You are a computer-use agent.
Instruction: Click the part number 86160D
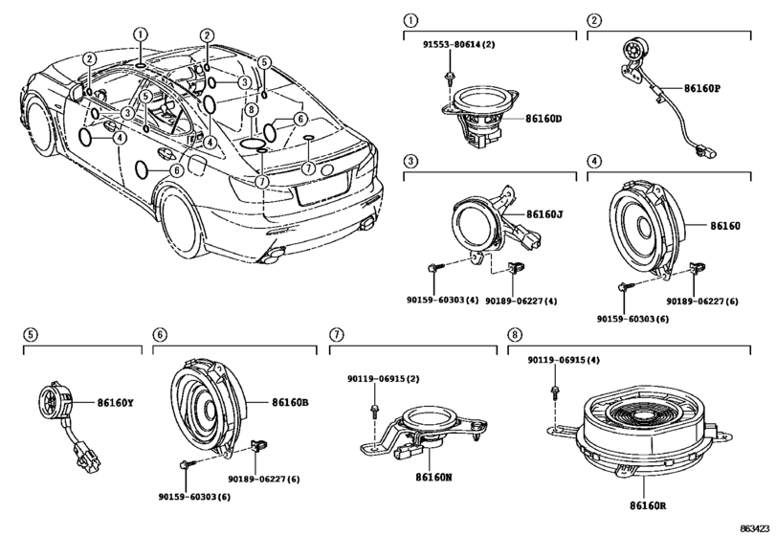[544, 119]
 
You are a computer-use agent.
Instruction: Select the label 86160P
[702, 89]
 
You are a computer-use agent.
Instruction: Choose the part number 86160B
[291, 403]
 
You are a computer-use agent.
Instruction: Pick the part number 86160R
[650, 503]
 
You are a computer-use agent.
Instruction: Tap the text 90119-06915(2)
[384, 379]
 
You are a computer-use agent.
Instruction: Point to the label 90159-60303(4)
[441, 300]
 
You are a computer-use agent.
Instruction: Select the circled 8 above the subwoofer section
[515, 334]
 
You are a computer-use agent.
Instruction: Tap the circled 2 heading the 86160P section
[594, 19]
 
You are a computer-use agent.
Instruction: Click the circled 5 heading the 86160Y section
[30, 334]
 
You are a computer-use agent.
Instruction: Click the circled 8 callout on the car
[250, 110]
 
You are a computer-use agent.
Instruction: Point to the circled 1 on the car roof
[140, 34]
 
